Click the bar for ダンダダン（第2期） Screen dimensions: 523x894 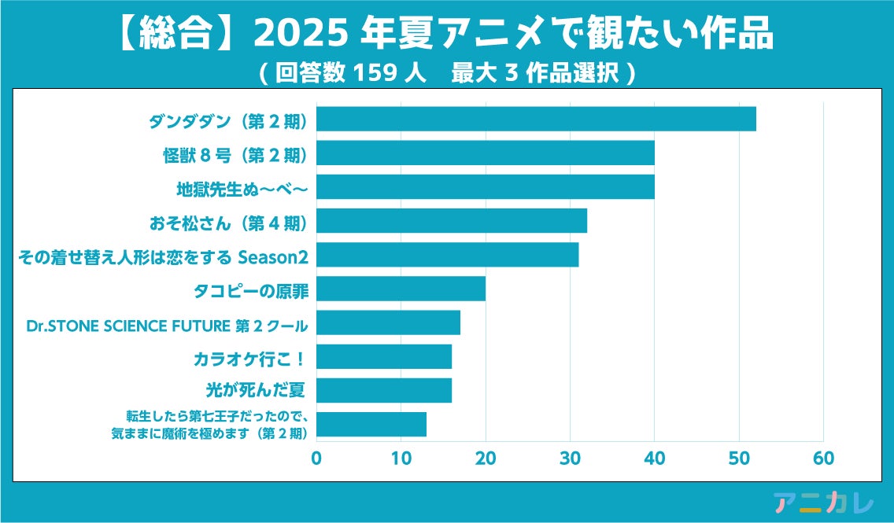[536, 119]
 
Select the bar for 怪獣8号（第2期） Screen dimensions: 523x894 [486, 153]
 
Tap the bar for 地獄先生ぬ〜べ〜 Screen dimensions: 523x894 [486, 187]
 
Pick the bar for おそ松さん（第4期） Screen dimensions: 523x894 [452, 221]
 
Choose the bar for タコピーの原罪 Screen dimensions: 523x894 [401, 289]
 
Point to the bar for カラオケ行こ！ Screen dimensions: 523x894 [384, 356]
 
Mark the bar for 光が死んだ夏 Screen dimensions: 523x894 [384, 390]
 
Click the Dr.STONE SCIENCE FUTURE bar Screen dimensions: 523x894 [388, 322]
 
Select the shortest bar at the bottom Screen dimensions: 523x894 [371, 424]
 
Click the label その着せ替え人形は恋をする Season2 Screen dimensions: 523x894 [162, 256]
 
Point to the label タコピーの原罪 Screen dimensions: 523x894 [250, 289]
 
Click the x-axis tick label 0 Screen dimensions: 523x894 [316, 459]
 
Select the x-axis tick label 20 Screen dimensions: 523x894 [486, 459]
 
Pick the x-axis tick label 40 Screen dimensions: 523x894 [654, 459]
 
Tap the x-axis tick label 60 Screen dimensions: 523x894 [823, 459]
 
